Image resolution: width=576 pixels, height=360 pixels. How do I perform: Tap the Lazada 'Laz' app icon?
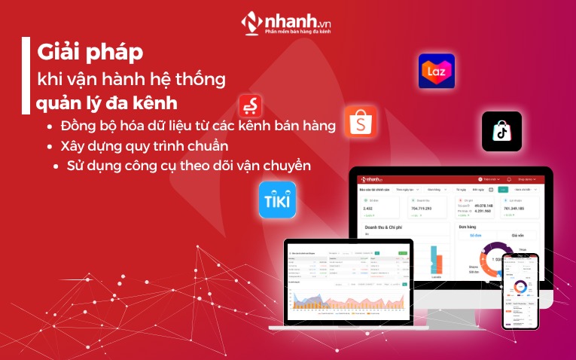[x=437, y=72]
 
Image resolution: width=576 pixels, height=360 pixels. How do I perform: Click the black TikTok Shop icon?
[x=501, y=131]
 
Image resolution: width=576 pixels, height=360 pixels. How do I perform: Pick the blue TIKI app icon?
[x=277, y=200]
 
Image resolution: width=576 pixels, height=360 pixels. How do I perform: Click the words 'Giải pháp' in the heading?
[x=90, y=54]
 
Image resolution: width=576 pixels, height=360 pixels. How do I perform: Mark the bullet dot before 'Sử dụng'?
[x=58, y=165]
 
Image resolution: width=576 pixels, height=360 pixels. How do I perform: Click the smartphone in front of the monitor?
[x=521, y=291]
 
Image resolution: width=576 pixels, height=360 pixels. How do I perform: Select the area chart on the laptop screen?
[x=346, y=301]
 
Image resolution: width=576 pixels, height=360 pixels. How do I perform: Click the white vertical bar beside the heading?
[x=26, y=75]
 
